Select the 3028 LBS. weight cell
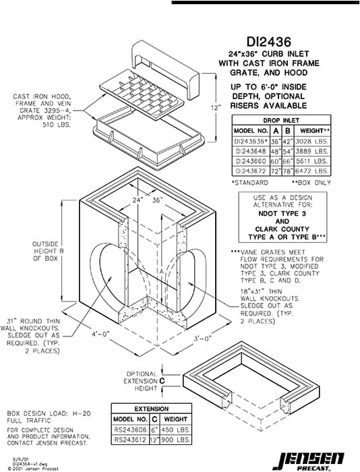point(312,142)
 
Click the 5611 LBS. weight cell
point(312,163)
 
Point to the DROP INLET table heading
point(280,119)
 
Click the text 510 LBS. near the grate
point(57,125)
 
